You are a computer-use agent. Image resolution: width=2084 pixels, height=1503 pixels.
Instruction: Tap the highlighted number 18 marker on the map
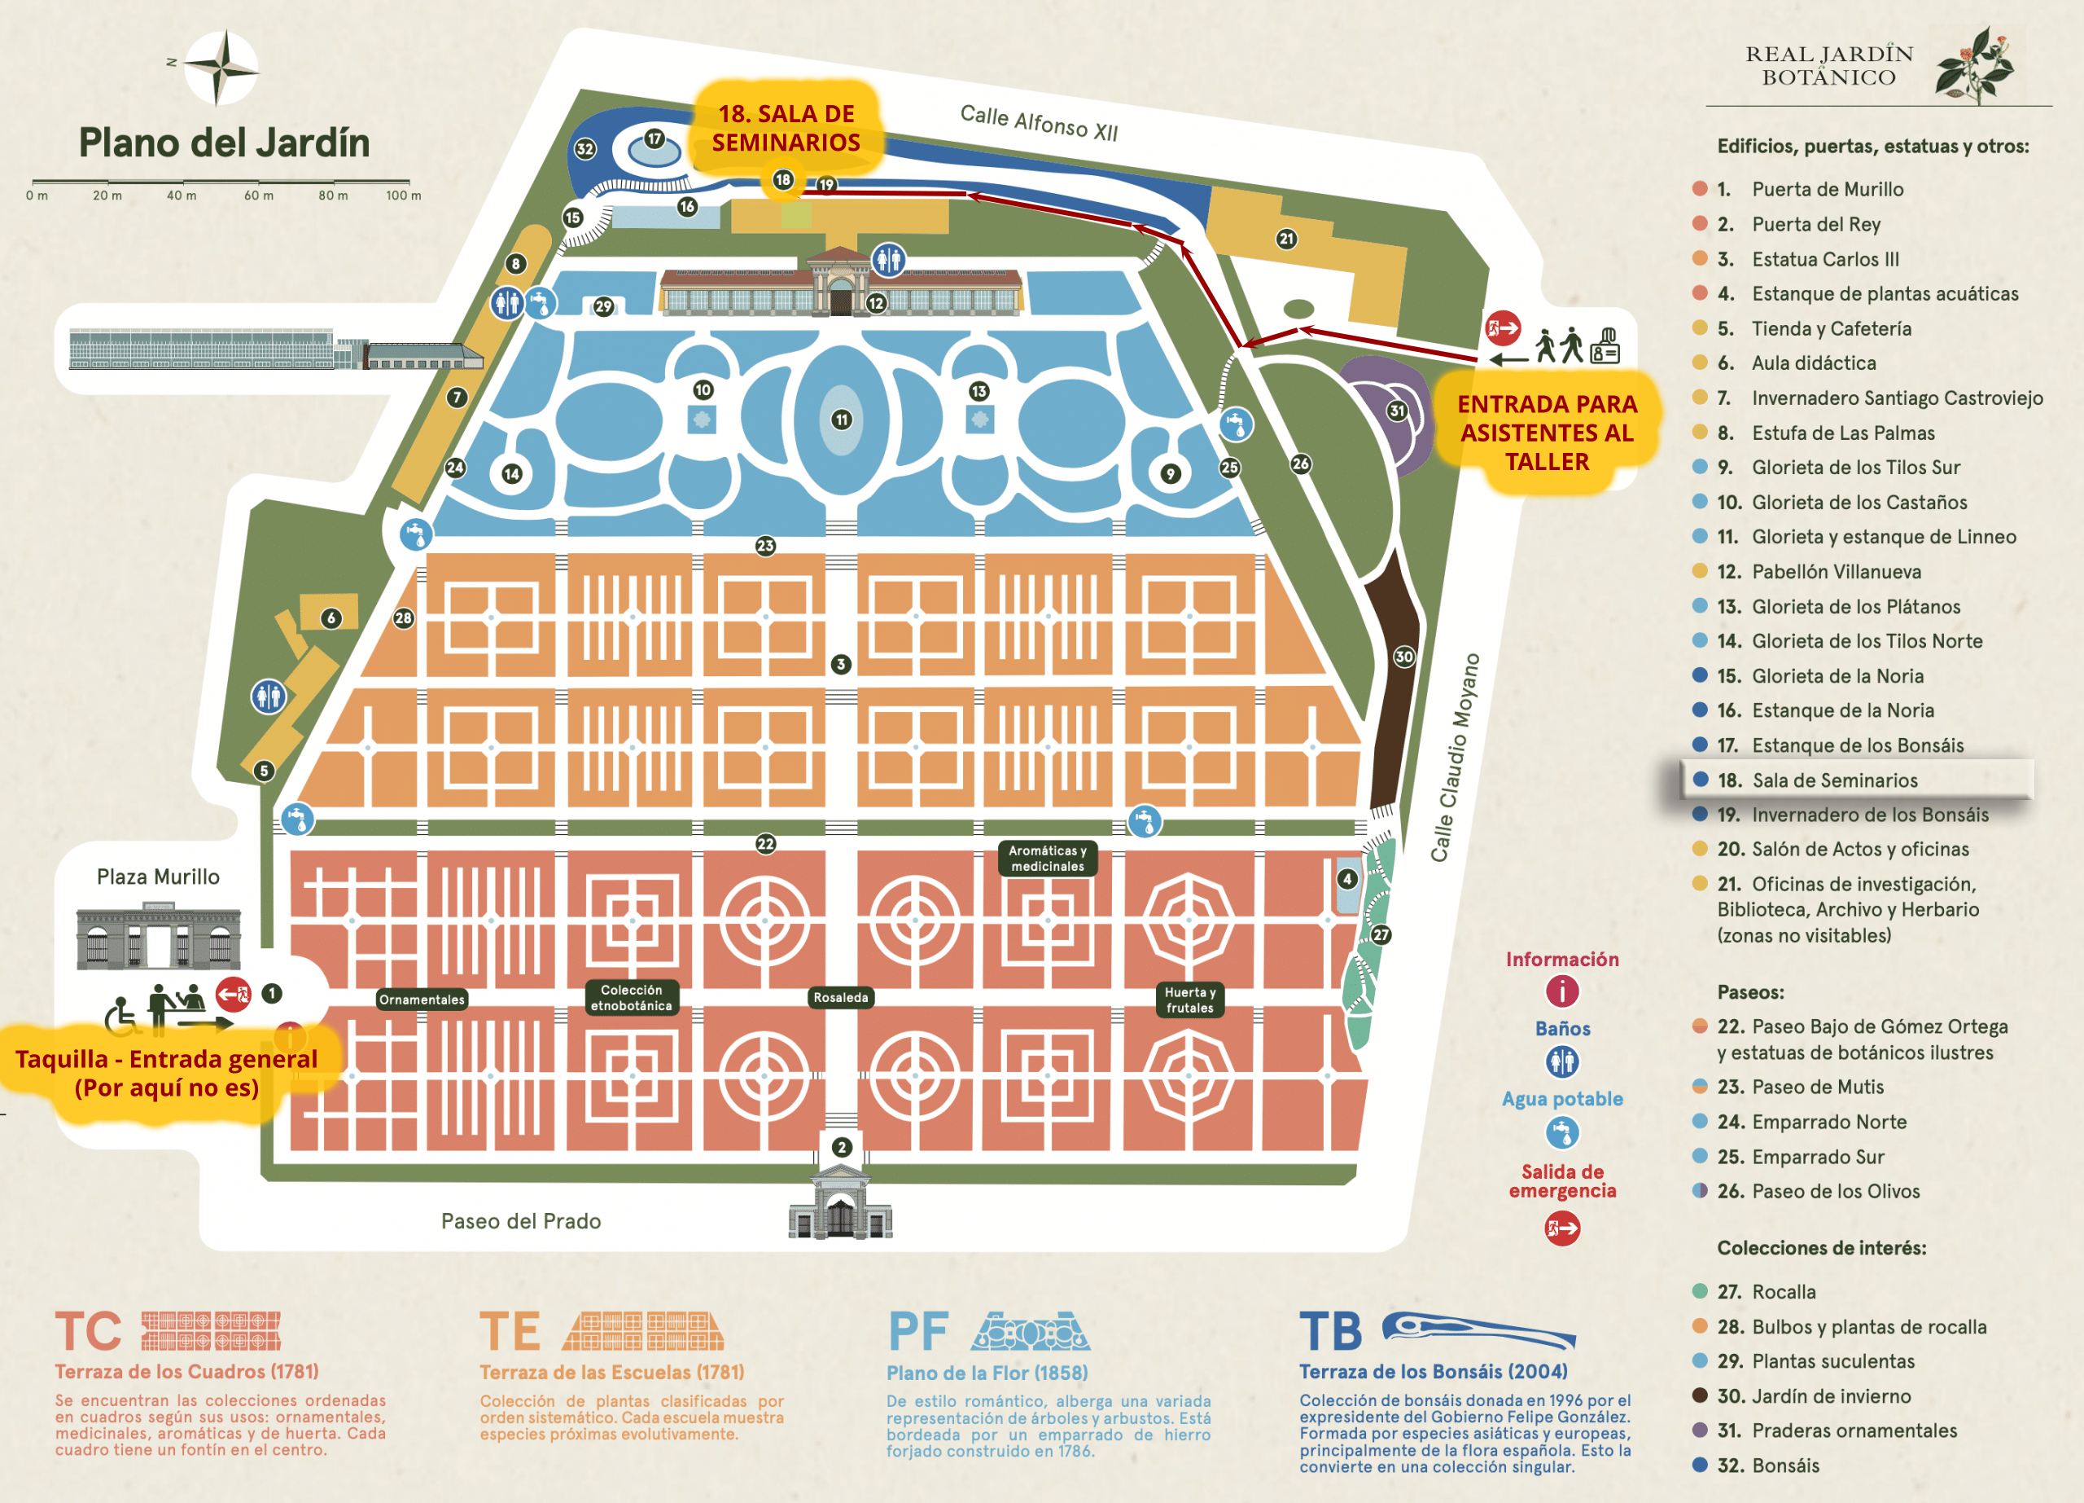pyautogui.click(x=783, y=179)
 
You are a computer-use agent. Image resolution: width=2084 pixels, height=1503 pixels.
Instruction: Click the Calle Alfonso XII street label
pyautogui.click(x=1038, y=122)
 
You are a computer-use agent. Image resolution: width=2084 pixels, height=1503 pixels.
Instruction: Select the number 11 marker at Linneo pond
pyautogui.click(x=842, y=420)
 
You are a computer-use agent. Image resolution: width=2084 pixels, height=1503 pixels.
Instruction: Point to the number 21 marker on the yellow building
pyautogui.click(x=1286, y=239)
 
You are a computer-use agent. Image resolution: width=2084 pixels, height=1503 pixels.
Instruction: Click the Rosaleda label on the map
pyautogui.click(x=840, y=997)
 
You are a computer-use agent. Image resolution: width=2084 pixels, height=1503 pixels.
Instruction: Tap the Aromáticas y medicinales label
pyautogui.click(x=1048, y=858)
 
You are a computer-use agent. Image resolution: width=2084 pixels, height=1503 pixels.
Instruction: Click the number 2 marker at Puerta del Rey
pyautogui.click(x=842, y=1146)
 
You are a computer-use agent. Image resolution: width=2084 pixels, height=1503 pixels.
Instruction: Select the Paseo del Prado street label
pyautogui.click(x=521, y=1221)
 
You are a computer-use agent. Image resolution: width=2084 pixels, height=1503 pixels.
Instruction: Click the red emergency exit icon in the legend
pyautogui.click(x=1562, y=1228)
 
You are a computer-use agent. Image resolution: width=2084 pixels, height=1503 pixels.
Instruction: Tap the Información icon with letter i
pyautogui.click(x=1562, y=991)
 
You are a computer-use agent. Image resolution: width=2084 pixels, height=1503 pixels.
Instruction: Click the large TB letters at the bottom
pyautogui.click(x=1330, y=1332)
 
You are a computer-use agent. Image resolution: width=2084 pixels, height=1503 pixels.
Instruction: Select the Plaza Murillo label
pyautogui.click(x=158, y=877)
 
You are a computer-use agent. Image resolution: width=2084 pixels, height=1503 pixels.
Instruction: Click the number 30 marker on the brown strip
pyautogui.click(x=1404, y=657)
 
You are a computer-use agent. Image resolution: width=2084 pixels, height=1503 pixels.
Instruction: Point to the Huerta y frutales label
pyautogui.click(x=1190, y=1000)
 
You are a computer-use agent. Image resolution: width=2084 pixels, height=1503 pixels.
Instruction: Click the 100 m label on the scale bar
pyautogui.click(x=404, y=196)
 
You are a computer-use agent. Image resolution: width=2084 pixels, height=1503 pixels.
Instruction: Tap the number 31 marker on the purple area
pyautogui.click(x=1397, y=411)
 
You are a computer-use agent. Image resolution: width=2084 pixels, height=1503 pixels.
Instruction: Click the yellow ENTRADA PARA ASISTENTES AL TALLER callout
pyautogui.click(x=1548, y=433)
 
